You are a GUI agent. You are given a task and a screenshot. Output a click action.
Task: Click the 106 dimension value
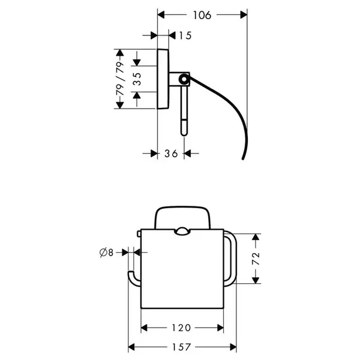(202, 16)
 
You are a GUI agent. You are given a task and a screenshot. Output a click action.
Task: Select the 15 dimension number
(185, 35)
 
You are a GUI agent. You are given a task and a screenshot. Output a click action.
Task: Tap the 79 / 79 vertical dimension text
(120, 79)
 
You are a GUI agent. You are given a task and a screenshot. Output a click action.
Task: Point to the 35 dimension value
(137, 79)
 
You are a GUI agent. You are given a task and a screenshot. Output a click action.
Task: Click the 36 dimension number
(171, 154)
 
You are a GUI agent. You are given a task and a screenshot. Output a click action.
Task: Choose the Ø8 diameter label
(107, 253)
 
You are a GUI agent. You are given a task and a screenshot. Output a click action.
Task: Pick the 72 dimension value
(256, 259)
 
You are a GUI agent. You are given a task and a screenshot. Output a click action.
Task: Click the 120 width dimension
(181, 328)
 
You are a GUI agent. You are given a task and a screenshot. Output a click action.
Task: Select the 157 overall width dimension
(181, 347)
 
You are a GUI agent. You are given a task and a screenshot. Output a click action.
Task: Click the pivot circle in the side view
(184, 79)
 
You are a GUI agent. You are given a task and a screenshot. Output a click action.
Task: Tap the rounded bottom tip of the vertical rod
(184, 134)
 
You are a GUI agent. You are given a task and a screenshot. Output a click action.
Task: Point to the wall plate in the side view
(163, 79)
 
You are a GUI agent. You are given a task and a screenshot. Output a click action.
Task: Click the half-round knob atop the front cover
(182, 232)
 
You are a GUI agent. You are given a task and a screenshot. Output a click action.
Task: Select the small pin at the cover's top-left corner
(139, 234)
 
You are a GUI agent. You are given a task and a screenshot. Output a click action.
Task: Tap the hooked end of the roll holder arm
(131, 274)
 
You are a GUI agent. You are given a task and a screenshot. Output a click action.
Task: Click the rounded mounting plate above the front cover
(183, 217)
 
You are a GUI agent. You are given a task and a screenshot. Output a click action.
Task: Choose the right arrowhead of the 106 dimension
(244, 15)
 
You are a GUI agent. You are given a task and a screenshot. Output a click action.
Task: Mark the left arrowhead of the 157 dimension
(131, 347)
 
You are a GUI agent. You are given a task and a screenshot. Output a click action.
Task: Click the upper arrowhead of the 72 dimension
(256, 237)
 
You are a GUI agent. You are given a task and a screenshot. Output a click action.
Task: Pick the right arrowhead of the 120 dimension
(220, 328)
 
